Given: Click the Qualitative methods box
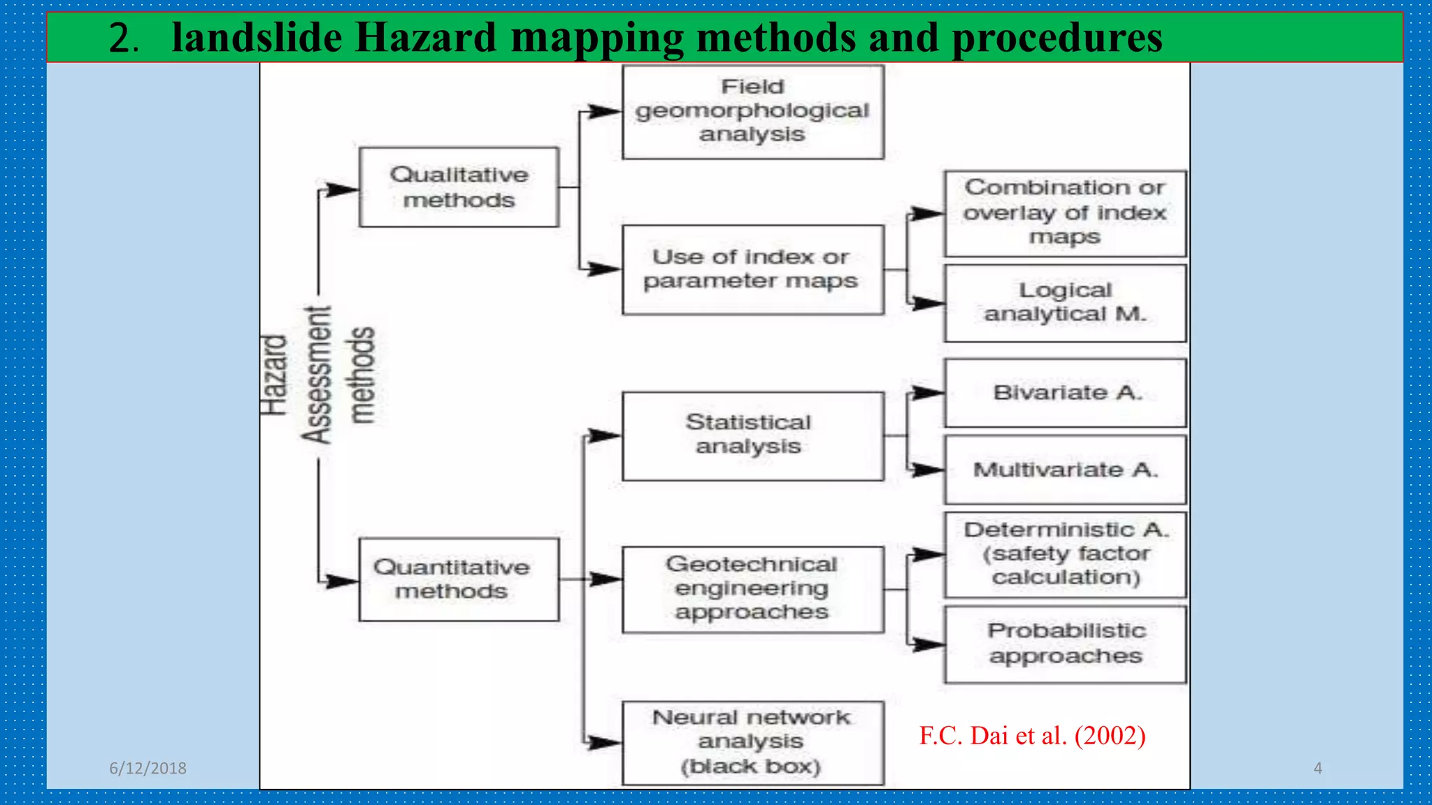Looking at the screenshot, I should [x=459, y=187].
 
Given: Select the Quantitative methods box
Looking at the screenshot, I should [x=459, y=579].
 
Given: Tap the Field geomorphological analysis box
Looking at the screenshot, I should [x=753, y=112].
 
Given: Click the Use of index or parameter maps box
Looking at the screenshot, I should [x=753, y=269].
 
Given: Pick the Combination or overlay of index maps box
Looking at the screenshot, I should [x=1065, y=213].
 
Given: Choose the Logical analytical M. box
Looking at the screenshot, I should [x=1065, y=303].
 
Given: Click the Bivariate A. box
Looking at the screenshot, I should [x=1065, y=393].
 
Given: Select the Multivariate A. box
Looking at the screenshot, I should [x=1065, y=470].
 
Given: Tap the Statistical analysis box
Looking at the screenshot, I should [x=753, y=435].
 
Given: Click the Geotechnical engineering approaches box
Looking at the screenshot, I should [x=753, y=589].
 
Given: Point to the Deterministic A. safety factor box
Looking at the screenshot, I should [x=1065, y=554].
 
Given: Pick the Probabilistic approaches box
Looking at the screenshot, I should [x=1065, y=644].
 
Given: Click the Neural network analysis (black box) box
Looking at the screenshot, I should [x=753, y=743].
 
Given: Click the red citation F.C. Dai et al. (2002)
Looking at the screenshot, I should [x=1032, y=736].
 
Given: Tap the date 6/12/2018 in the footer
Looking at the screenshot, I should [x=148, y=768].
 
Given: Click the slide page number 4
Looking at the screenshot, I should [x=1317, y=768].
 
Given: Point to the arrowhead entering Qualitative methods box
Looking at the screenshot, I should [x=343, y=189].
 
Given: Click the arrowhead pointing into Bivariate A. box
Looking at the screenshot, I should [x=929, y=393].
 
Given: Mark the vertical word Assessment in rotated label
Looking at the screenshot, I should [x=316, y=375].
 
